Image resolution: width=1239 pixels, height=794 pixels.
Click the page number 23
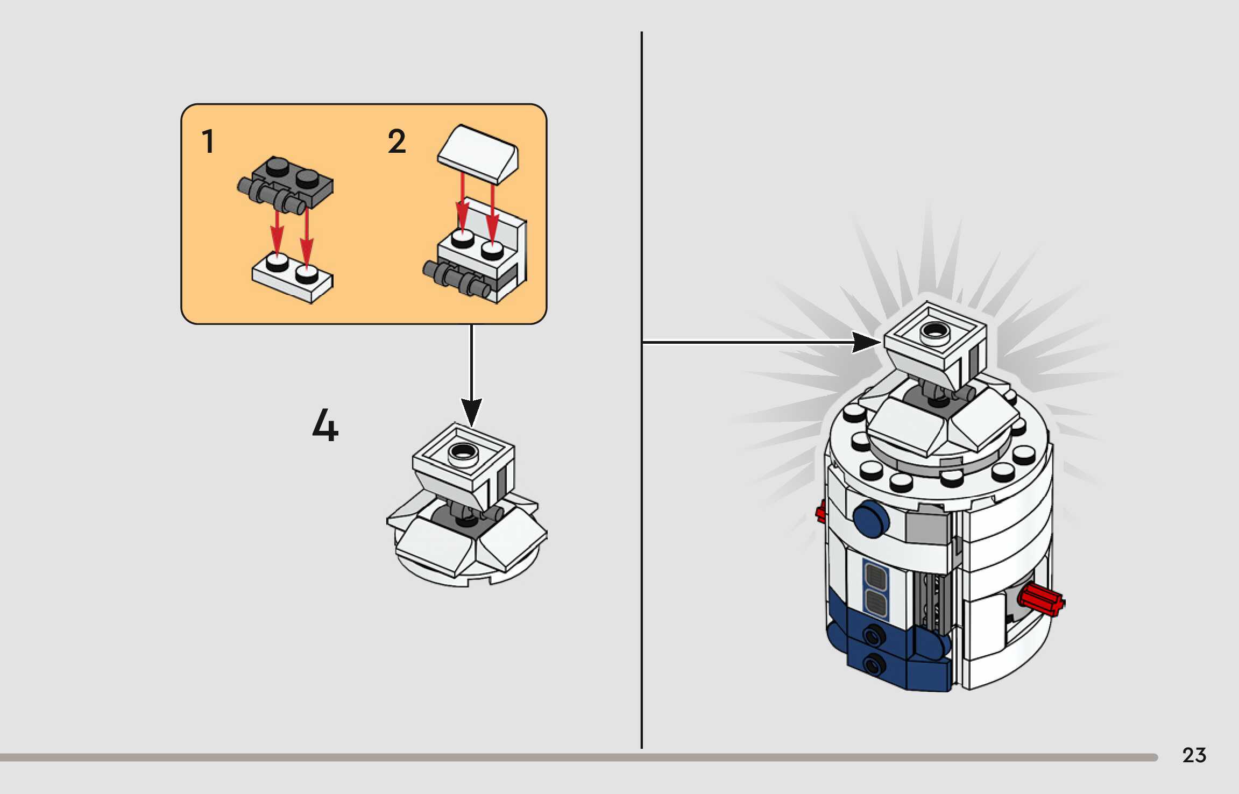[1194, 755]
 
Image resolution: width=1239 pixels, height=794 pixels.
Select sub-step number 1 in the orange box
[208, 141]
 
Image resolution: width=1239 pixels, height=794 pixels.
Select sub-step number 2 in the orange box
[397, 141]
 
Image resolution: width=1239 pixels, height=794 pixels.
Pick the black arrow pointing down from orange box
[471, 377]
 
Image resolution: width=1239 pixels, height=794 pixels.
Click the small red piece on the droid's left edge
[820, 511]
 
